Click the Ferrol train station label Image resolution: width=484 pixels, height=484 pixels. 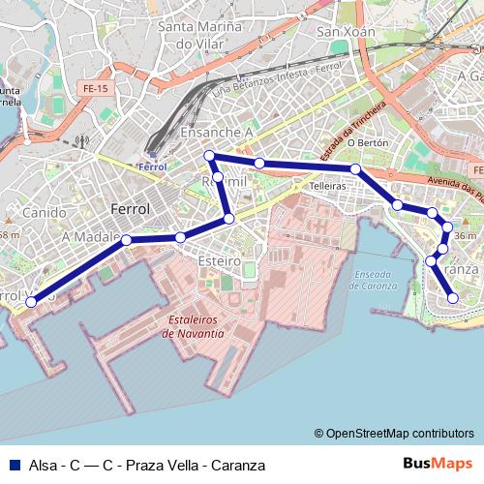pyautogui.click(x=152, y=166)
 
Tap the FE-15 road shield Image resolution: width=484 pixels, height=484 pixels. pyautogui.click(x=89, y=87)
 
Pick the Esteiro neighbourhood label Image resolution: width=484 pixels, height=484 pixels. pyautogui.click(x=218, y=260)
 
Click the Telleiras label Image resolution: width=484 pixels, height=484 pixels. pyautogui.click(x=328, y=185)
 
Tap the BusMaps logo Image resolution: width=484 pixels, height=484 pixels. pyautogui.click(x=438, y=465)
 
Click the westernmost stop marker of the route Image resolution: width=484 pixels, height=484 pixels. pyautogui.click(x=31, y=302)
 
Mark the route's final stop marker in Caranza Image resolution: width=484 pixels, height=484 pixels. pyautogui.click(x=452, y=298)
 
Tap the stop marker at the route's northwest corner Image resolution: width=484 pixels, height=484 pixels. pyautogui.click(x=208, y=156)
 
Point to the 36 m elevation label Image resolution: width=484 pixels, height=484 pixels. pyautogui.click(x=465, y=236)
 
